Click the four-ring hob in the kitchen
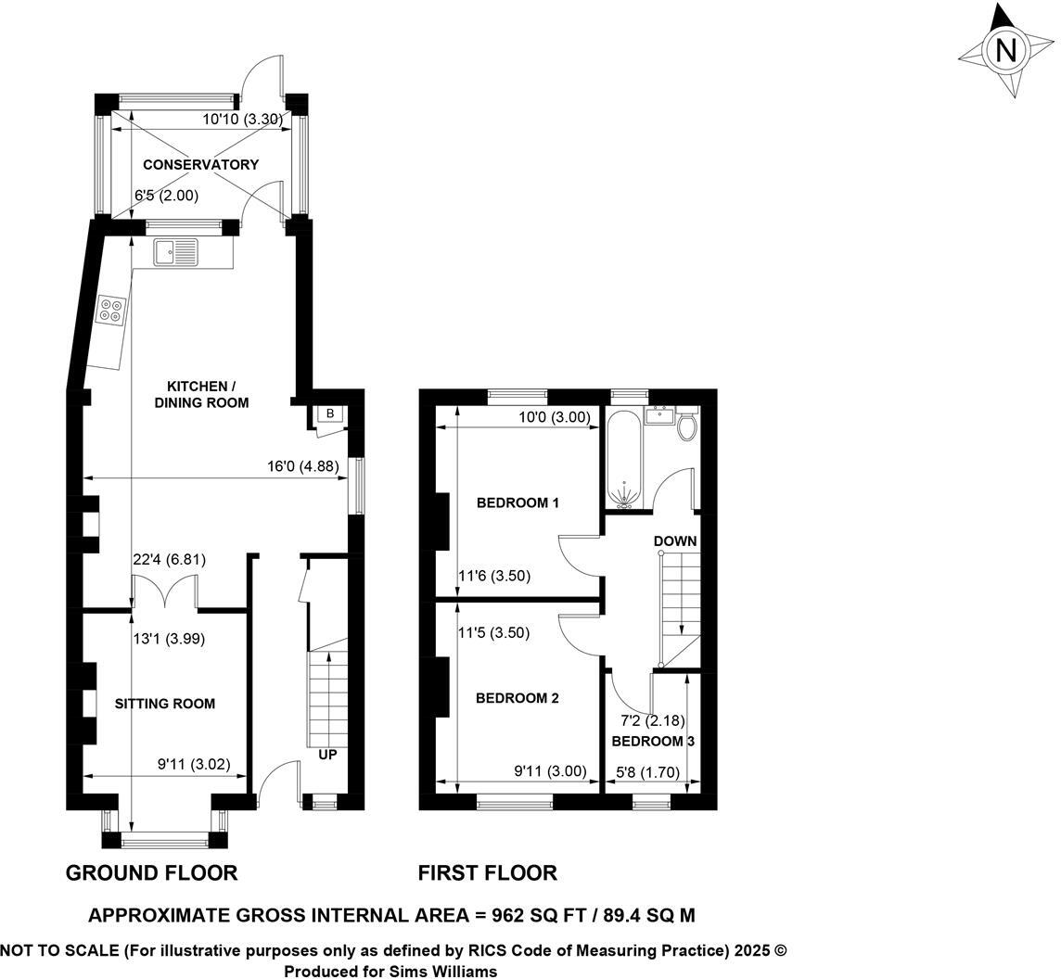(x=111, y=310)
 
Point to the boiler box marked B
(x=329, y=413)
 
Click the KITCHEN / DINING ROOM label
(x=208, y=394)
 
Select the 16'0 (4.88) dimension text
(x=302, y=467)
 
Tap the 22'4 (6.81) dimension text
(x=170, y=559)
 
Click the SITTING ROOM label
(x=164, y=704)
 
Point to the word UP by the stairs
(x=327, y=755)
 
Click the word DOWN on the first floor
(x=675, y=540)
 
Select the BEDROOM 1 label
(x=518, y=503)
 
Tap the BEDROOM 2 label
(x=518, y=698)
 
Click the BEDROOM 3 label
(x=653, y=742)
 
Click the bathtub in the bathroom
(x=622, y=460)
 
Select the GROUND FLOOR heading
(x=151, y=872)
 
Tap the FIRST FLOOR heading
(x=487, y=872)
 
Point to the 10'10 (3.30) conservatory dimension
(x=242, y=119)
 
